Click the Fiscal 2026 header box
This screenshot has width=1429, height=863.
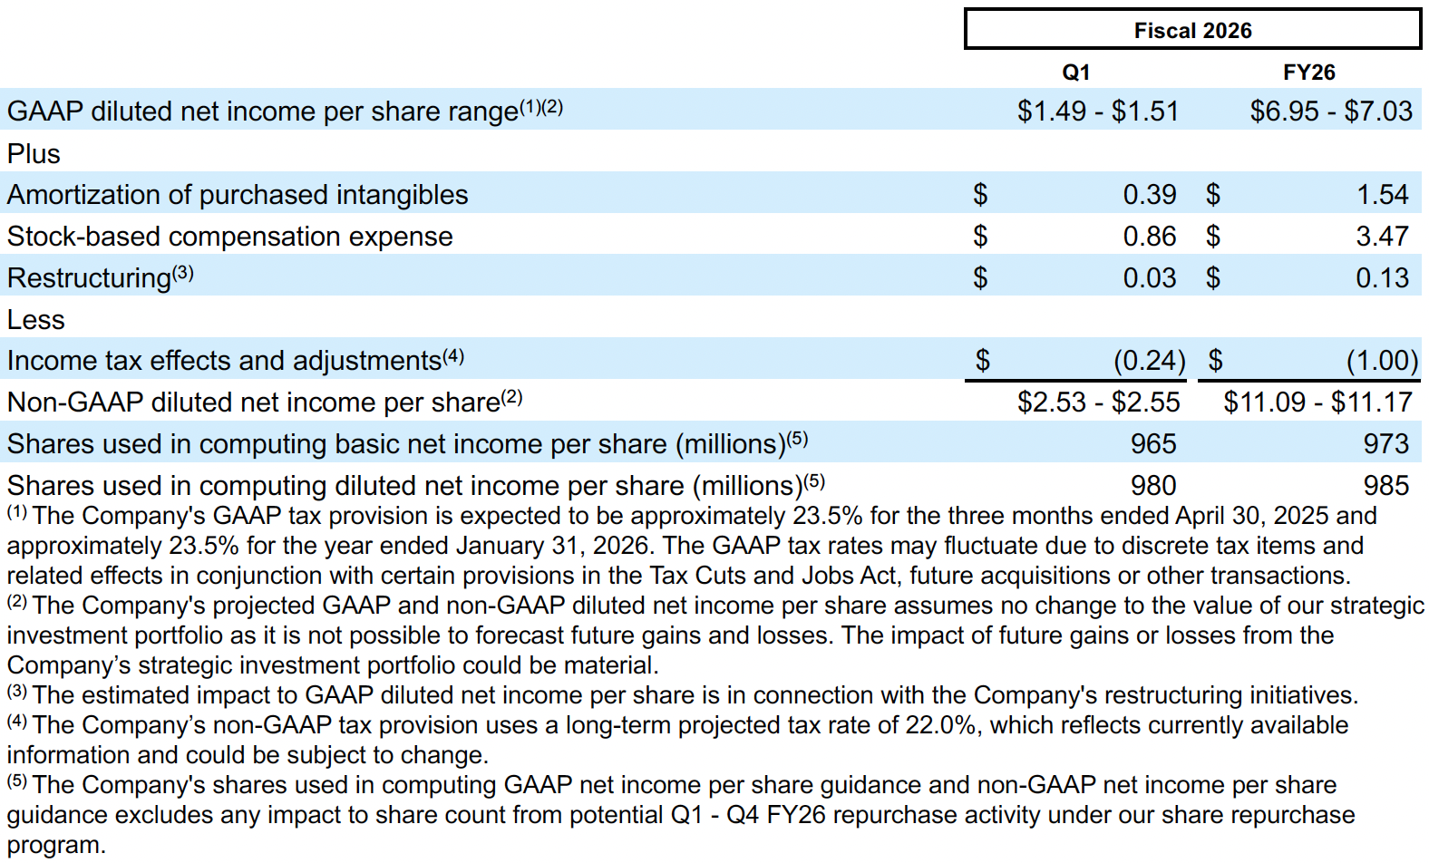pyautogui.click(x=1192, y=30)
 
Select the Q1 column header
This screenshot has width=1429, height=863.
pyautogui.click(x=1075, y=73)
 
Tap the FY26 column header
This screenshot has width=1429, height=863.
pyautogui.click(x=1308, y=73)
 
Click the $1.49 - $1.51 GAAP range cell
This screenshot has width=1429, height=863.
pyautogui.click(x=1097, y=111)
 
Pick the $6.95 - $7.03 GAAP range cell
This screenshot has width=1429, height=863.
pyautogui.click(x=1330, y=111)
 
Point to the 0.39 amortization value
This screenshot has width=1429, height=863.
pyautogui.click(x=1149, y=194)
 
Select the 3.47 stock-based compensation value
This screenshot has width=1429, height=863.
pyautogui.click(x=1382, y=236)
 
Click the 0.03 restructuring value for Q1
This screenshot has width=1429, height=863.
pyautogui.click(x=1149, y=277)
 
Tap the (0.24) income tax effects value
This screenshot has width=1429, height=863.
pyautogui.click(x=1149, y=361)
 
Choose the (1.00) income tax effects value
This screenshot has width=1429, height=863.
pyautogui.click(x=1382, y=361)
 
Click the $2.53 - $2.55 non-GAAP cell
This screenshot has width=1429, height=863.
pyautogui.click(x=1098, y=402)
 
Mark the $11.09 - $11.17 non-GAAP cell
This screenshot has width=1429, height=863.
pyautogui.click(x=1317, y=402)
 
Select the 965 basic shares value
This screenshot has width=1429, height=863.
pyautogui.click(x=1152, y=443)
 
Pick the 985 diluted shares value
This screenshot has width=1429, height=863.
pyautogui.click(x=1385, y=485)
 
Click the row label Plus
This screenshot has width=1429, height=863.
pyautogui.click(x=34, y=153)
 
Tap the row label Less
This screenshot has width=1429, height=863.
pyautogui.click(x=36, y=319)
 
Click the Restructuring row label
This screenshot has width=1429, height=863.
pyautogui.click(x=89, y=277)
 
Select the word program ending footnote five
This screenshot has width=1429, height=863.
pyautogui.click(x=55, y=845)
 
